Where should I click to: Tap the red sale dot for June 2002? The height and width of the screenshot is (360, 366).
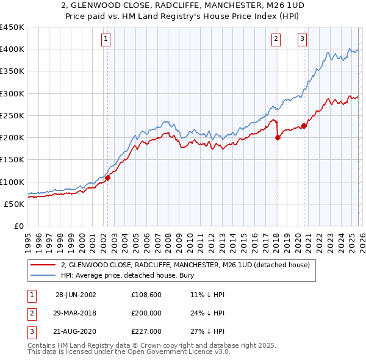click(108, 178)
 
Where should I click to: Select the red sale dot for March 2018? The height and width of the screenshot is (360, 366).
click(278, 137)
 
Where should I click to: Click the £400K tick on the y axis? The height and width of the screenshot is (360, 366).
click(12, 49)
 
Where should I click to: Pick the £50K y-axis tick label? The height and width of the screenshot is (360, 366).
click(14, 204)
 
